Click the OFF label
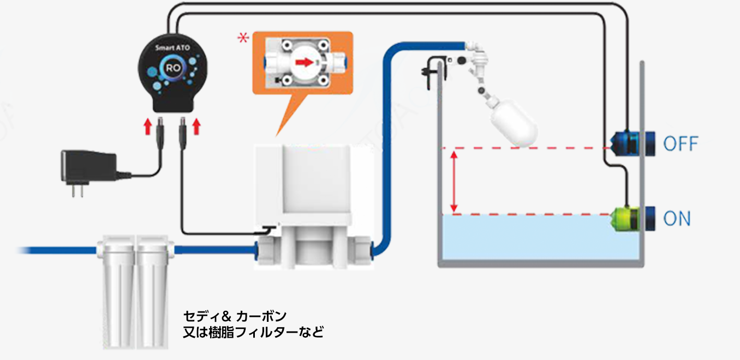click(x=680, y=144)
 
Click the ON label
click(x=677, y=219)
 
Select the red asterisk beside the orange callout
click(x=242, y=38)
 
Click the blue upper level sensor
click(x=628, y=143)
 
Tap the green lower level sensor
click(x=626, y=218)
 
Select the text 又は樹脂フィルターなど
click(x=253, y=332)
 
